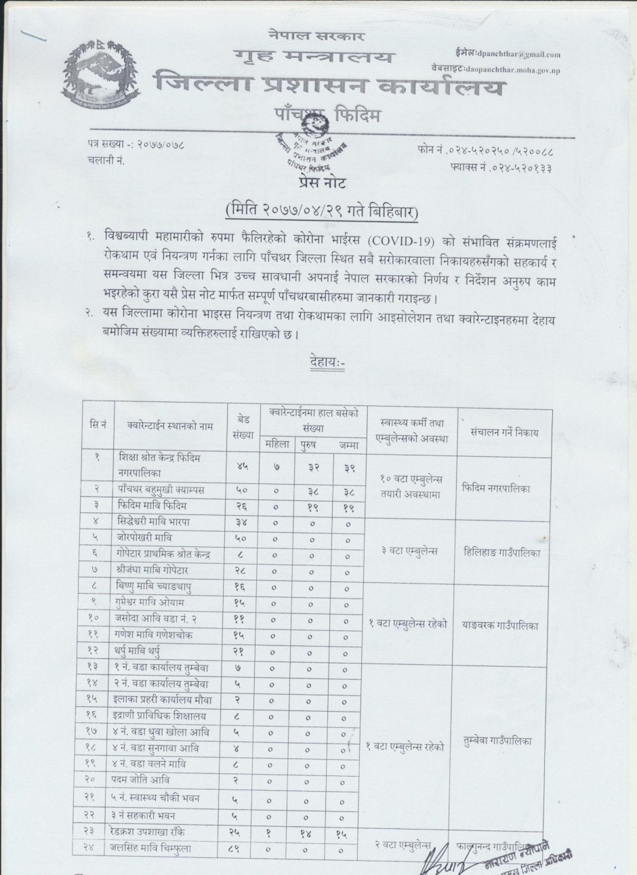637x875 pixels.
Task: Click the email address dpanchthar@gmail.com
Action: [x=518, y=55]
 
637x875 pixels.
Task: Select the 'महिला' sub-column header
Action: [x=276, y=445]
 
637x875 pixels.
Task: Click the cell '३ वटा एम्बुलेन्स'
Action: [x=409, y=552]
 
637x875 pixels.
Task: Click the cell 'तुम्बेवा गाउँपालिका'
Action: [x=504, y=741]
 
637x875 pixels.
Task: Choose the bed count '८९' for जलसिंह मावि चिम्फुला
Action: [x=242, y=848]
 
